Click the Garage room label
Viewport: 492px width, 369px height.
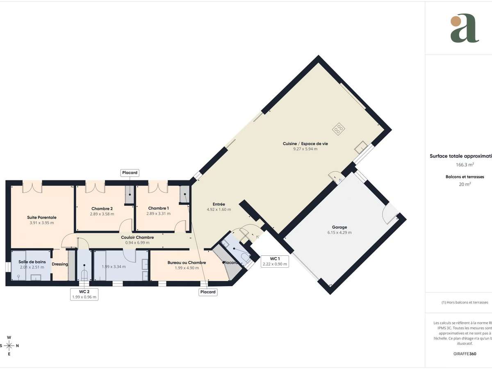coord(339,227)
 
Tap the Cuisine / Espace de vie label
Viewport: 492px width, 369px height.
coord(305,143)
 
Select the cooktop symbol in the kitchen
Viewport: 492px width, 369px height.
coord(339,129)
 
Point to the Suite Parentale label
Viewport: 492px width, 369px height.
coord(42,217)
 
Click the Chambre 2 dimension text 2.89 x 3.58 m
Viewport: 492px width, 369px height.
coord(102,214)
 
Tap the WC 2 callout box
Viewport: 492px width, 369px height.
coord(84,294)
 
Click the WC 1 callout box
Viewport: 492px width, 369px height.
coord(275,262)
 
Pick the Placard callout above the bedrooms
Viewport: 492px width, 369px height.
coord(130,173)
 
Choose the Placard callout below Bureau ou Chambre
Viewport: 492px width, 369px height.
coord(208,292)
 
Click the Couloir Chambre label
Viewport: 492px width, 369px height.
coord(137,237)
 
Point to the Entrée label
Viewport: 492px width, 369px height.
coord(219,204)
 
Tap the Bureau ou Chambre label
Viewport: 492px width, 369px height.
coord(187,262)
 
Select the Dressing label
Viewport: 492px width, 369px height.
coord(60,264)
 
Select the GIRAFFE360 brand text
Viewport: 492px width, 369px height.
coord(465,353)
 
